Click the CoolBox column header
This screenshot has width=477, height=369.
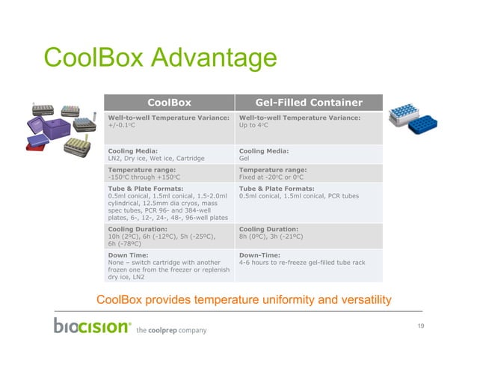click(x=169, y=102)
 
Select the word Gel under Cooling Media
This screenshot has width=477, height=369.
click(x=244, y=159)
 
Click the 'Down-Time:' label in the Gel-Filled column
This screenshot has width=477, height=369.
click(x=258, y=255)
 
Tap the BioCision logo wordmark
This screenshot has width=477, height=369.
click(x=92, y=326)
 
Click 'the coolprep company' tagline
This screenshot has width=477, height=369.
click(x=171, y=330)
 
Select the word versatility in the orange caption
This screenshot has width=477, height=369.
click(x=361, y=300)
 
